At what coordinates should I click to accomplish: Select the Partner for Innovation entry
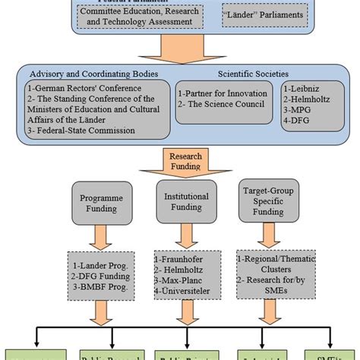coord(218,93)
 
